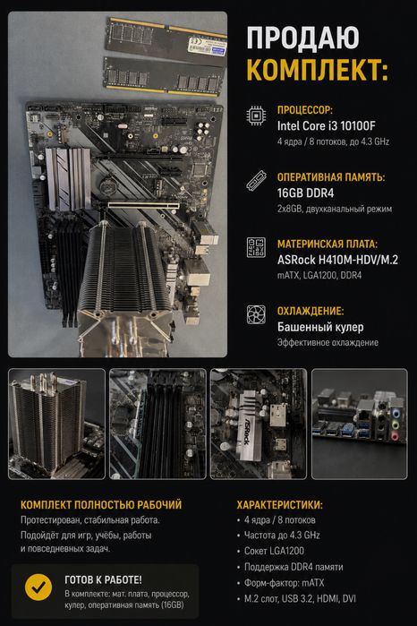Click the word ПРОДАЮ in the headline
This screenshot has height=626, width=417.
(x=302, y=38)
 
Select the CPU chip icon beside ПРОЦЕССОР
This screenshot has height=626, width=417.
(x=256, y=116)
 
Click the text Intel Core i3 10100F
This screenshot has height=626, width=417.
(x=327, y=125)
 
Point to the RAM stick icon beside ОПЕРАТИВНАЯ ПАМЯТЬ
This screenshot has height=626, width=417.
(x=256, y=180)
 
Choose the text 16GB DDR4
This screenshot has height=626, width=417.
(x=305, y=193)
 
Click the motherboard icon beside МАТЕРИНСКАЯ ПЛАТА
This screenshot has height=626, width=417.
(x=256, y=247)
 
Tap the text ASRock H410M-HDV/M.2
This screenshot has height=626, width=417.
(x=337, y=260)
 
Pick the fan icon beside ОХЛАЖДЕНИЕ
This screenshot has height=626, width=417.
(x=256, y=314)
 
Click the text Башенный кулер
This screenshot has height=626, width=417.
(x=320, y=327)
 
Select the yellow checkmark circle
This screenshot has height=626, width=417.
(x=38, y=587)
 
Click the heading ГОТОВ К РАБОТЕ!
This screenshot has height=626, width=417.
(x=103, y=579)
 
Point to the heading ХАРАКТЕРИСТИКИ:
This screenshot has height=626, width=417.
(x=280, y=504)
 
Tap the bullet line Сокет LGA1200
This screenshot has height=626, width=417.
(x=274, y=551)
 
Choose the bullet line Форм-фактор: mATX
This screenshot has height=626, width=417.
(x=285, y=583)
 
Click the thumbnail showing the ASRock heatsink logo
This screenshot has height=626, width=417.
(x=259, y=424)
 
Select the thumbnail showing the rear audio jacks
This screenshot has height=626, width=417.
(x=360, y=424)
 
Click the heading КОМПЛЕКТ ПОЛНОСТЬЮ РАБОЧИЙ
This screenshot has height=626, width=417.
(x=101, y=504)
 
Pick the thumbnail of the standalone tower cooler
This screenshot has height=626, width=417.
(x=56, y=424)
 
